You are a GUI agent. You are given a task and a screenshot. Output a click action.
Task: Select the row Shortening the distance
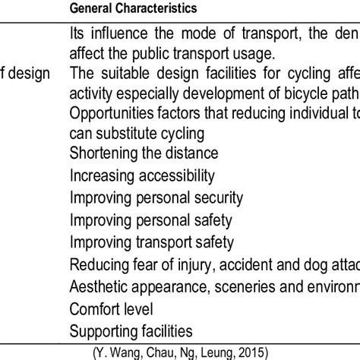pyautogui.click(x=144, y=153)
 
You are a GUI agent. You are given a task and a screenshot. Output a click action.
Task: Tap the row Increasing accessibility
pyautogui.click(x=142, y=176)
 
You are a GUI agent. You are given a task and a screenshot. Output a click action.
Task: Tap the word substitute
pyautogui.click(x=138, y=134)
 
